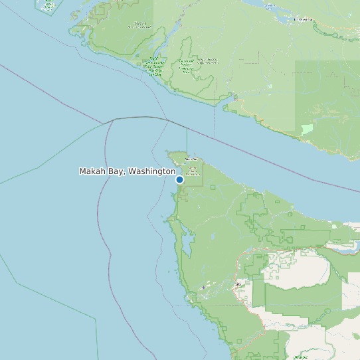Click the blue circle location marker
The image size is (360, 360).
pos(179,179)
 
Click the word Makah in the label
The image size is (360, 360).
pos(93,171)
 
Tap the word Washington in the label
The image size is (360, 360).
pos(152,171)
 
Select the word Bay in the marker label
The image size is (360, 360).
pos(117,171)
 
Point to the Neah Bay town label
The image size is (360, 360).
pos(191,159)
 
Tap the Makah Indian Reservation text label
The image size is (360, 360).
pos(192,171)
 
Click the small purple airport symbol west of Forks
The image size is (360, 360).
pos(203,287)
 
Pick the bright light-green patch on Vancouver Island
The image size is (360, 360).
pos(306,129)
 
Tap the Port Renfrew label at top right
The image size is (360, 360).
pos(303,19)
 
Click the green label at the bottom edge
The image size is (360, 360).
pos(300,357)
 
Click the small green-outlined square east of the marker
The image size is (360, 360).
pos(213,187)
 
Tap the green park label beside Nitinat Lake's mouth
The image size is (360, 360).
pos(154,66)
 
